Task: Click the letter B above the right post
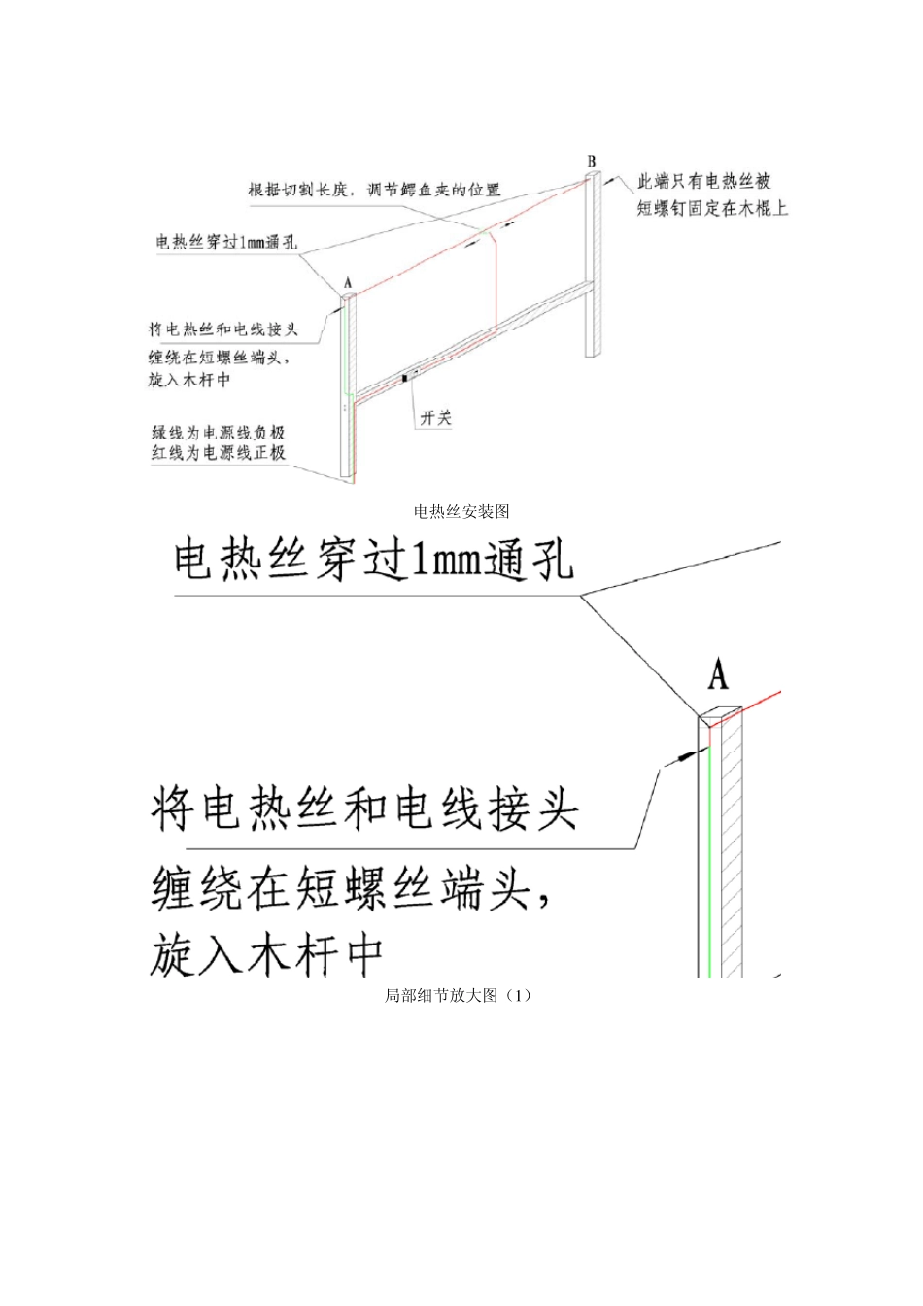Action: (x=592, y=161)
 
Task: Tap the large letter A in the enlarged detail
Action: (x=718, y=673)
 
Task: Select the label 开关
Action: (x=435, y=418)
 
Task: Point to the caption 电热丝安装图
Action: (x=461, y=511)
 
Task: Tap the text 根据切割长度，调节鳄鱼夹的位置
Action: (x=374, y=190)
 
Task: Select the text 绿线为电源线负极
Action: (x=218, y=432)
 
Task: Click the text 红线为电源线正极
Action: (x=218, y=453)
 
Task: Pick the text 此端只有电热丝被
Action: (x=703, y=182)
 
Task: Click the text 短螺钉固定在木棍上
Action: (x=711, y=208)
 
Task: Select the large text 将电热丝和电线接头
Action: (x=364, y=809)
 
